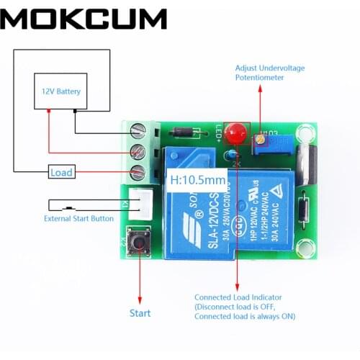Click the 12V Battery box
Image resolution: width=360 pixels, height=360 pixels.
coord(60,91)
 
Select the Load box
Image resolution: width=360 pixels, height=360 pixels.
coord(60,173)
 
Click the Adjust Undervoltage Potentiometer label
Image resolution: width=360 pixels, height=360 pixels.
coord(270,73)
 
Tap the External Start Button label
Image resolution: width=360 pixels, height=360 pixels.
coord(78,218)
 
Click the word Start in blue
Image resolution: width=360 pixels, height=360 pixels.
coord(140,313)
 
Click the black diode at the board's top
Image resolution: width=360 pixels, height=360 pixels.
coord(185,132)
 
